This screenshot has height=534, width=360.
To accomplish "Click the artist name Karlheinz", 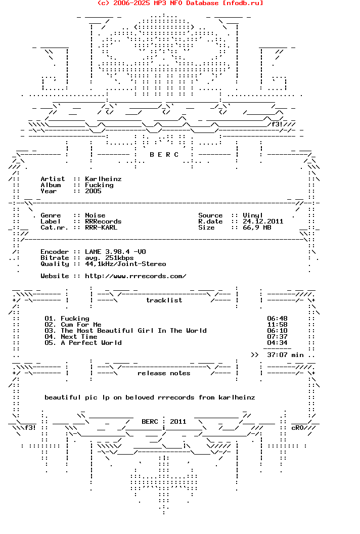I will (x=103, y=179).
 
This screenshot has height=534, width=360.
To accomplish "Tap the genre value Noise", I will (x=95, y=215).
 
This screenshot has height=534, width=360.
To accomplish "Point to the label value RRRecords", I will (x=103, y=221).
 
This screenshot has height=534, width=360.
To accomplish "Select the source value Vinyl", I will (x=253, y=215).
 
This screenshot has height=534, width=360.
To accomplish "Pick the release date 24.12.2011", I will (x=263, y=221).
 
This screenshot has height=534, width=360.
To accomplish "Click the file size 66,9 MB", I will (x=257, y=228).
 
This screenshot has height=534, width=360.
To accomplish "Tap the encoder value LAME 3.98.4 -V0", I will (x=115, y=252).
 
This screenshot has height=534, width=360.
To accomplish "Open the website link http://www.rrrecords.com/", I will (x=136, y=276).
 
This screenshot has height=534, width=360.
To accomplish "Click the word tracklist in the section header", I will (x=164, y=300).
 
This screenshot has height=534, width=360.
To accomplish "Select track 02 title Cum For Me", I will (x=81, y=325).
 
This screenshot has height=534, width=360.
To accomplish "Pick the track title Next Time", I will (x=79, y=337).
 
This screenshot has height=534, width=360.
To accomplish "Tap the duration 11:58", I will (x=277, y=325).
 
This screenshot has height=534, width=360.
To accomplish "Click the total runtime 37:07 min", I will (x=285, y=355).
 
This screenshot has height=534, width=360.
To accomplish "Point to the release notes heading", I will (x=164, y=373).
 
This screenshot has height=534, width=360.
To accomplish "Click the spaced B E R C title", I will (x=164, y=155).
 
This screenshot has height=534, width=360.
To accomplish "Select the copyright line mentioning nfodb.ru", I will (x=180, y=3).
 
